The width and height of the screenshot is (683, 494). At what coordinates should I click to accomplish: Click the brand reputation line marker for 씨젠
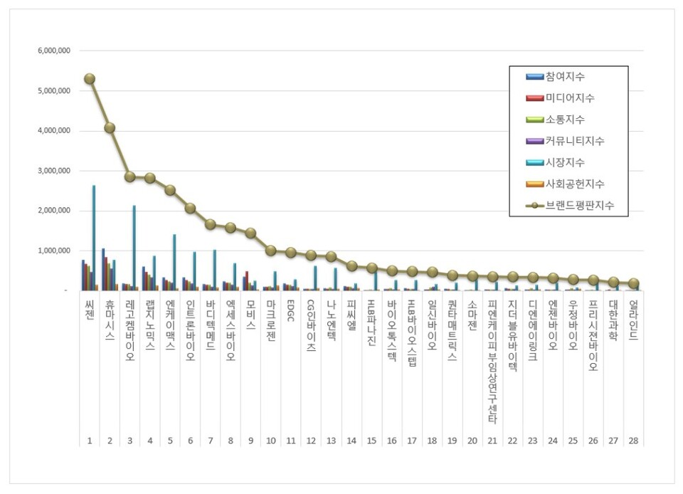tap(90, 79)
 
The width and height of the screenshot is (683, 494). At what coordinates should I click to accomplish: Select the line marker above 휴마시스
tap(110, 128)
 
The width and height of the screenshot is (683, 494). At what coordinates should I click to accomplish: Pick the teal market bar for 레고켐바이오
tap(134, 247)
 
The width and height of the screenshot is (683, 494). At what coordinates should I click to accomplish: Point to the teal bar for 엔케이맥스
tap(174, 262)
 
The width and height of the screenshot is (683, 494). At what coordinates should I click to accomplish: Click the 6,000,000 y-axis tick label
tap(54, 51)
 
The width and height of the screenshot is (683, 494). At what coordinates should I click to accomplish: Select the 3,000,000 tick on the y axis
tap(54, 171)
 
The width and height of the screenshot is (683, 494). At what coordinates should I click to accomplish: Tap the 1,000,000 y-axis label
tap(54, 251)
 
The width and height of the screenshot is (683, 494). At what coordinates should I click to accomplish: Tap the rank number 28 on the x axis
tap(633, 441)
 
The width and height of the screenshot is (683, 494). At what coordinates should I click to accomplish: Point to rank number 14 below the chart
tap(351, 441)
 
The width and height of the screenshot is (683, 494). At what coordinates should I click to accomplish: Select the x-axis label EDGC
tap(291, 312)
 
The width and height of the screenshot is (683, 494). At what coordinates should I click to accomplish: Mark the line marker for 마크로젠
tap(271, 251)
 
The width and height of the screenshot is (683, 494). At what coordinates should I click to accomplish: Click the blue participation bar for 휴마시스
tap(103, 269)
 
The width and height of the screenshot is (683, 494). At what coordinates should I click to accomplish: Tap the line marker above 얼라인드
tap(633, 283)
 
